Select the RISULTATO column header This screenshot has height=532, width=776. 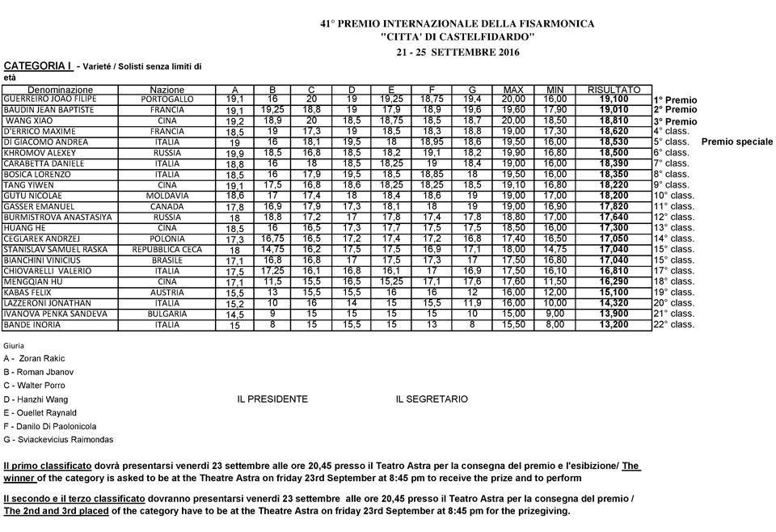pos(614,89)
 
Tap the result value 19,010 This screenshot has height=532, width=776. pos(614,110)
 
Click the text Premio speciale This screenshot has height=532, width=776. pos(737,141)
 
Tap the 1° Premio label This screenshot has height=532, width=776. pos(675,99)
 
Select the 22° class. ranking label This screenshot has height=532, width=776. pos(673,325)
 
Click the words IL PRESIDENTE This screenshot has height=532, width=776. pos(272,399)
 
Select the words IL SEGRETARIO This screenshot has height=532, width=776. pos(432,399)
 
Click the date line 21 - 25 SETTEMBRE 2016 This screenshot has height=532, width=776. pos(458,53)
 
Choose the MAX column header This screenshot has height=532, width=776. pos(513,89)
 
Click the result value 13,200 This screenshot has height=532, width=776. pos(614,325)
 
